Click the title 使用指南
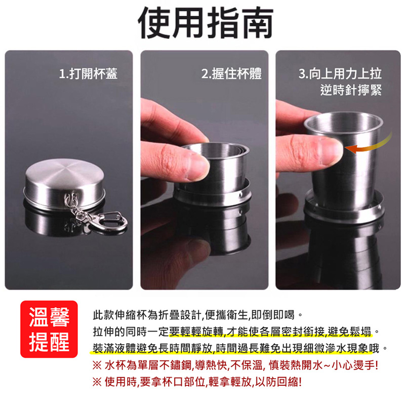(206, 23)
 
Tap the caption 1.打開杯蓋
(88, 73)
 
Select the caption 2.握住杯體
(231, 73)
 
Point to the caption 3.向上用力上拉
(340, 73)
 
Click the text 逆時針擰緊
(351, 90)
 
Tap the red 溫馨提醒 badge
(49, 329)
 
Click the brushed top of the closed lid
(65, 172)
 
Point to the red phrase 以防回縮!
(278, 382)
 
